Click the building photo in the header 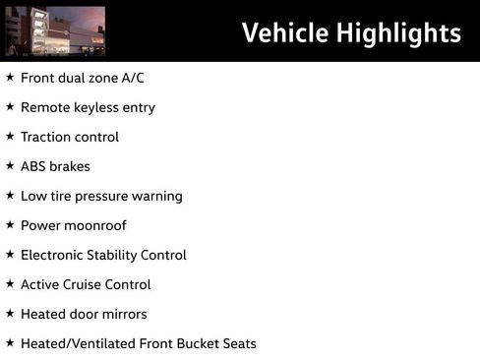click(55, 30)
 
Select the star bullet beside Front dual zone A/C click(10, 77)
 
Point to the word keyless click(101, 107)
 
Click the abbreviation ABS click(34, 166)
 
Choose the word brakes click(71, 166)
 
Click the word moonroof click(96, 225)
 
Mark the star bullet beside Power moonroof click(10, 224)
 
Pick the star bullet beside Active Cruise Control click(10, 283)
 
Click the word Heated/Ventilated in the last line click(74, 343)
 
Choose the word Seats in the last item click(237, 343)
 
